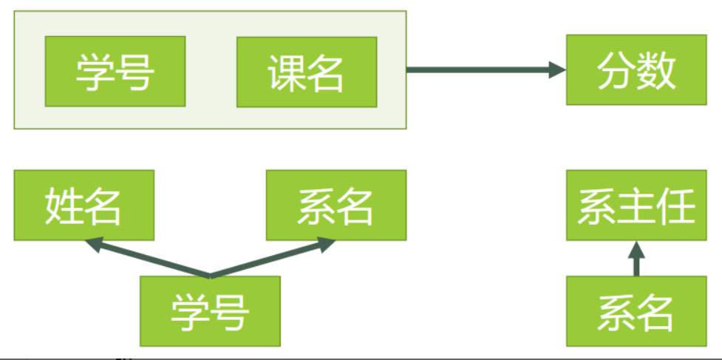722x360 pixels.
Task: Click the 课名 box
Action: pos(307,72)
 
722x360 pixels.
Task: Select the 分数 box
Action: pos(636,69)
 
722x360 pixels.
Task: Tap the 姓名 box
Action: pos(84,205)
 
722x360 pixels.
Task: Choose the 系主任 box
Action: pos(636,205)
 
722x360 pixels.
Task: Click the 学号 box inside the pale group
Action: pos(115,72)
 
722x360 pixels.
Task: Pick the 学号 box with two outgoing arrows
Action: pos(210,311)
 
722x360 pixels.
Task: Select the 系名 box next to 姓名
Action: pos(336,205)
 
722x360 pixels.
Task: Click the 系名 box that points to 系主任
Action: pos(636,311)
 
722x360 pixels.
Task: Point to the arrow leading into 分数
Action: pos(486,70)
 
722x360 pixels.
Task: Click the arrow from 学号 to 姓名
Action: pos(147,258)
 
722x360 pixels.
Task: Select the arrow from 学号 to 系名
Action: pos(273,258)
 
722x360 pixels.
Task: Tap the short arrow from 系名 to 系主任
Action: pos(636,258)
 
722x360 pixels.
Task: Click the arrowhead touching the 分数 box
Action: pos(557,70)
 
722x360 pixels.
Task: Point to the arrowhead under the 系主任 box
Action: pos(636,249)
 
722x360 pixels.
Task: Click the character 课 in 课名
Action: pos(287,72)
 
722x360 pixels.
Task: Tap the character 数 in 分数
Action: pos(657,70)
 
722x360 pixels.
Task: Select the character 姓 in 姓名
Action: pos(64,206)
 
